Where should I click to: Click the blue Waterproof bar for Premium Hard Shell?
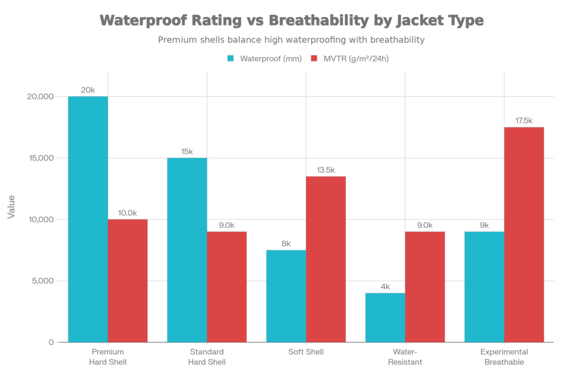(x=88, y=219)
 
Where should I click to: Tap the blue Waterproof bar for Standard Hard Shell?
(x=187, y=250)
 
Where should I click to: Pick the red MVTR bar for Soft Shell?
(x=326, y=259)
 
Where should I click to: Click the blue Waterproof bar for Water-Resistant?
(x=385, y=317)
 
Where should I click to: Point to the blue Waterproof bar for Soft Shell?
(x=286, y=296)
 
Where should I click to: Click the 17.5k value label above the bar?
(x=524, y=120)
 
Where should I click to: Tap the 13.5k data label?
(x=326, y=169)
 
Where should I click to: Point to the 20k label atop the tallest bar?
(x=88, y=90)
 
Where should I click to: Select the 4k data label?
(x=385, y=286)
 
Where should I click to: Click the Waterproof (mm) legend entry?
(x=264, y=59)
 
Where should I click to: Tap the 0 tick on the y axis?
(x=51, y=342)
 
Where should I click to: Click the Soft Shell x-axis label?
(x=306, y=352)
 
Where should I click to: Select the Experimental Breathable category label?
(x=504, y=357)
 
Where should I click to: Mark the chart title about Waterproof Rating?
(x=291, y=21)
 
